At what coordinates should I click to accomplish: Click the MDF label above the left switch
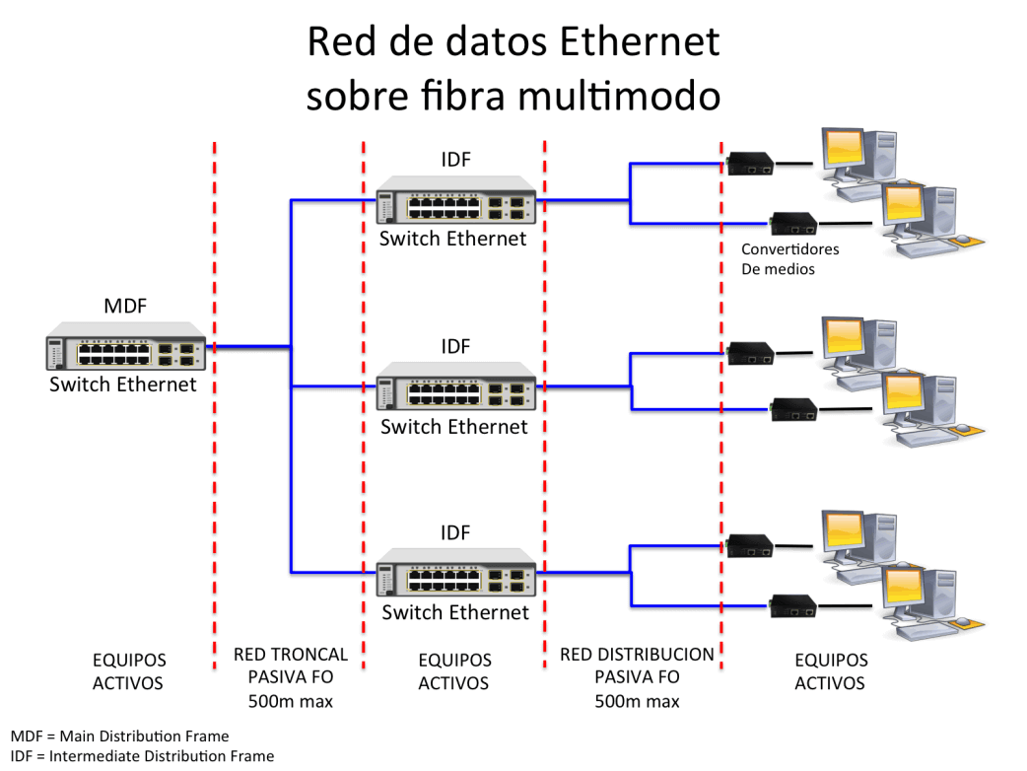[125, 306]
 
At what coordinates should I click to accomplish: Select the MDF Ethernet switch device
[126, 346]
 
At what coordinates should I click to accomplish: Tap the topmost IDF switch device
[456, 200]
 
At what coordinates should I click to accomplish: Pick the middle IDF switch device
[456, 385]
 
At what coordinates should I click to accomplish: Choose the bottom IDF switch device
[456, 572]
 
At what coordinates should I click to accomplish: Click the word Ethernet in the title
[640, 42]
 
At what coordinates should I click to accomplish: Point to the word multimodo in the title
[619, 96]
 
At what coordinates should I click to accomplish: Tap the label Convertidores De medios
[789, 258]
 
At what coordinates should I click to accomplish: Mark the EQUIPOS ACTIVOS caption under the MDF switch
[128, 671]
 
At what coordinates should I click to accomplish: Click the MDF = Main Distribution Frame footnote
[120, 736]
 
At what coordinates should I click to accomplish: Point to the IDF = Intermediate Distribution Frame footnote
[142, 756]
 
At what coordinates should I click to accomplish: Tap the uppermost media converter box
[750, 163]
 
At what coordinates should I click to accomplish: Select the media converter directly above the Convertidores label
[793, 224]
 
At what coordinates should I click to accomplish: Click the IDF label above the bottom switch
[455, 532]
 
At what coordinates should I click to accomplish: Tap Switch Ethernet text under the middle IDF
[454, 427]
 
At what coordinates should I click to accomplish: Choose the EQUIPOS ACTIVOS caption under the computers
[831, 671]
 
